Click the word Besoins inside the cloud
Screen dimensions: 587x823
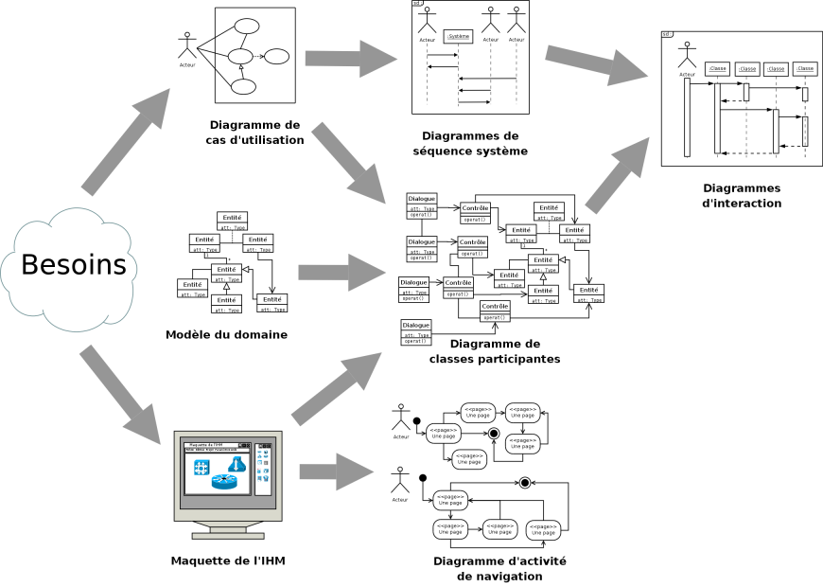tap(74, 265)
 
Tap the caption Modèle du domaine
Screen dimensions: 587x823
tap(226, 334)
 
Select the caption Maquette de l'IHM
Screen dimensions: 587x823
tap(228, 560)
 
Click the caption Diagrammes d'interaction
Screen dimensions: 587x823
tap(742, 195)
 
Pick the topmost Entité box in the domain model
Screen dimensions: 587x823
tap(232, 221)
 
